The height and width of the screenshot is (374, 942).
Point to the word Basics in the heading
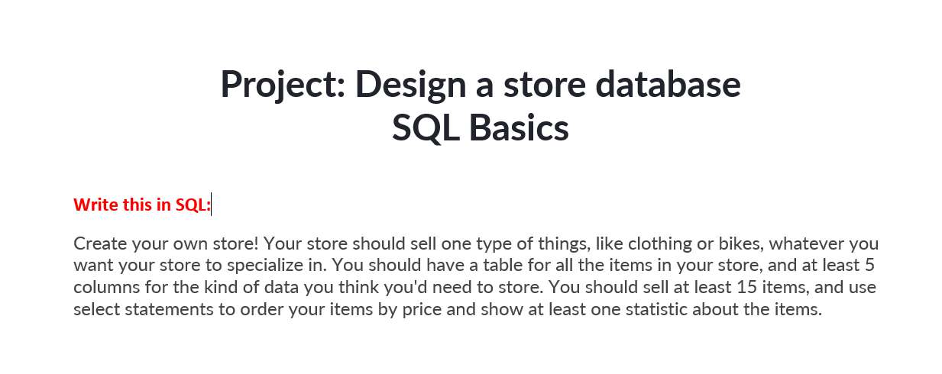519,128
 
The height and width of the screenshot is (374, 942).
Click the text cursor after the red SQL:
211,205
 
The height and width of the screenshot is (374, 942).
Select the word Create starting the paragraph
99,244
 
